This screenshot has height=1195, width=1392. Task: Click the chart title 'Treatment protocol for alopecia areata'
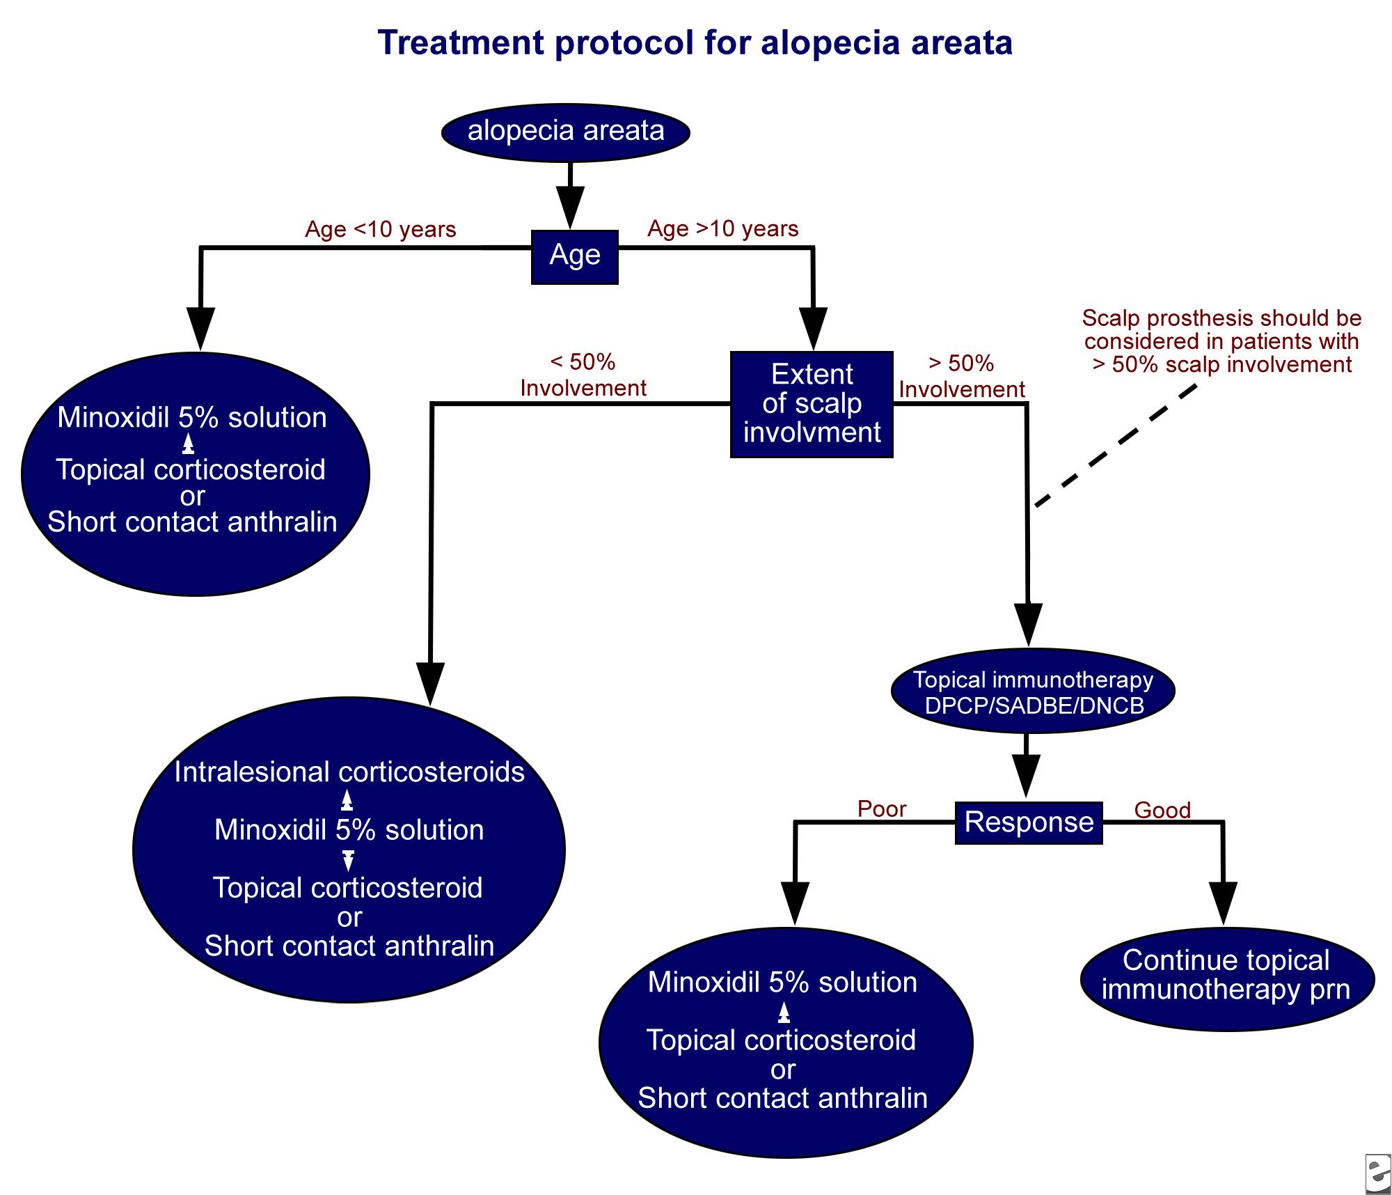[695, 43]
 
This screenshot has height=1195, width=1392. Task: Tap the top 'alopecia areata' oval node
[566, 132]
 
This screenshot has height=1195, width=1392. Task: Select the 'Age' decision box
[575, 256]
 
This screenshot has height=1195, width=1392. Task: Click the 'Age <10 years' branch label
[380, 230]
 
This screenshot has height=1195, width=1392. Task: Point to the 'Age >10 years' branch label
[722, 229]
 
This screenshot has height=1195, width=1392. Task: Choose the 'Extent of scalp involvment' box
[812, 404]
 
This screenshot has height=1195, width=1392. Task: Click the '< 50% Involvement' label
[583, 375]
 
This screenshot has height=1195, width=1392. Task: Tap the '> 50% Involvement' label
[962, 376]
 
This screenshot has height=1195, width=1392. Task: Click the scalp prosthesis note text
[1221, 341]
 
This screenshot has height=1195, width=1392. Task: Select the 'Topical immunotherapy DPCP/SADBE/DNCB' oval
[1033, 692]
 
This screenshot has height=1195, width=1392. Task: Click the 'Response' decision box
[1029, 822]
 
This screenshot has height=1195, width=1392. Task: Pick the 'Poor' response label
[882, 809]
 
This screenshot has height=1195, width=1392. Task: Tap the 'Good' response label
[1162, 810]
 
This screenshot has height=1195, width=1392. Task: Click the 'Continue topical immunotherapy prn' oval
[1226, 976]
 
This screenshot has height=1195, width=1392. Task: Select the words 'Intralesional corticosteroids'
[349, 772]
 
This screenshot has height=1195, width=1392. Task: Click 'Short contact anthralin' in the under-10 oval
[192, 522]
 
